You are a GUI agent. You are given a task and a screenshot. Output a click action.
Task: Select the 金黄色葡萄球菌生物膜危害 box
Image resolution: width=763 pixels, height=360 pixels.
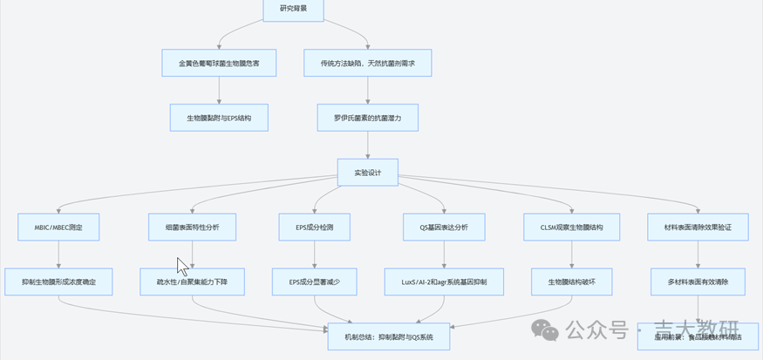(x=219, y=63)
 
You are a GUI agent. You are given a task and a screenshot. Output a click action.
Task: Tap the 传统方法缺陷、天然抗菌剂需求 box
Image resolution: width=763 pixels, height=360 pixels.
(x=367, y=63)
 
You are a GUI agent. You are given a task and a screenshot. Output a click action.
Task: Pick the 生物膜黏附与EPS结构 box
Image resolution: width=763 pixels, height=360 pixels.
(x=219, y=118)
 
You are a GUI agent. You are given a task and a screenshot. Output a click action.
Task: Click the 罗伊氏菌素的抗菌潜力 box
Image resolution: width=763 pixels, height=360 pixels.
(x=367, y=118)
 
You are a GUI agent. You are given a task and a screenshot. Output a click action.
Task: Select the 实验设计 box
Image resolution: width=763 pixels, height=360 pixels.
(x=367, y=172)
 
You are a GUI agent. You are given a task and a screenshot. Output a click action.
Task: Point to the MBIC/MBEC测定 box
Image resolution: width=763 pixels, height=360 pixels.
(x=58, y=227)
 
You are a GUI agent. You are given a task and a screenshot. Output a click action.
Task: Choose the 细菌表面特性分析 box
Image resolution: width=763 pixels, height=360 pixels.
(x=192, y=227)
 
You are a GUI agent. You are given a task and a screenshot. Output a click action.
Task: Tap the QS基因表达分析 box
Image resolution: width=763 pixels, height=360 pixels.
(x=444, y=227)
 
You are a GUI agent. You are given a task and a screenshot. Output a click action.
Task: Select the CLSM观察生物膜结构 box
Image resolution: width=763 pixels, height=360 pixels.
(x=572, y=227)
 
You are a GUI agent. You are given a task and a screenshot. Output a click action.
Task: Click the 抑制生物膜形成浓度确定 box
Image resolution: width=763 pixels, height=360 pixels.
(x=58, y=282)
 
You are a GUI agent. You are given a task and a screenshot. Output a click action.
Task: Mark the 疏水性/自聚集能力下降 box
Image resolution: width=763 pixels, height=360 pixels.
(x=192, y=282)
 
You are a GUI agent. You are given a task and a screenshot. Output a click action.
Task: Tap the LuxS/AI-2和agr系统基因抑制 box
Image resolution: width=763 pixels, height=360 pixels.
(x=444, y=282)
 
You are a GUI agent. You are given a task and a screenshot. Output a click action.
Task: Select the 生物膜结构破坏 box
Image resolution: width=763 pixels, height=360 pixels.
(x=572, y=282)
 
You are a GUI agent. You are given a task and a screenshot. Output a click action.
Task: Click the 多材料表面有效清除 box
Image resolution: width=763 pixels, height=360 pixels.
(x=702, y=282)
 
